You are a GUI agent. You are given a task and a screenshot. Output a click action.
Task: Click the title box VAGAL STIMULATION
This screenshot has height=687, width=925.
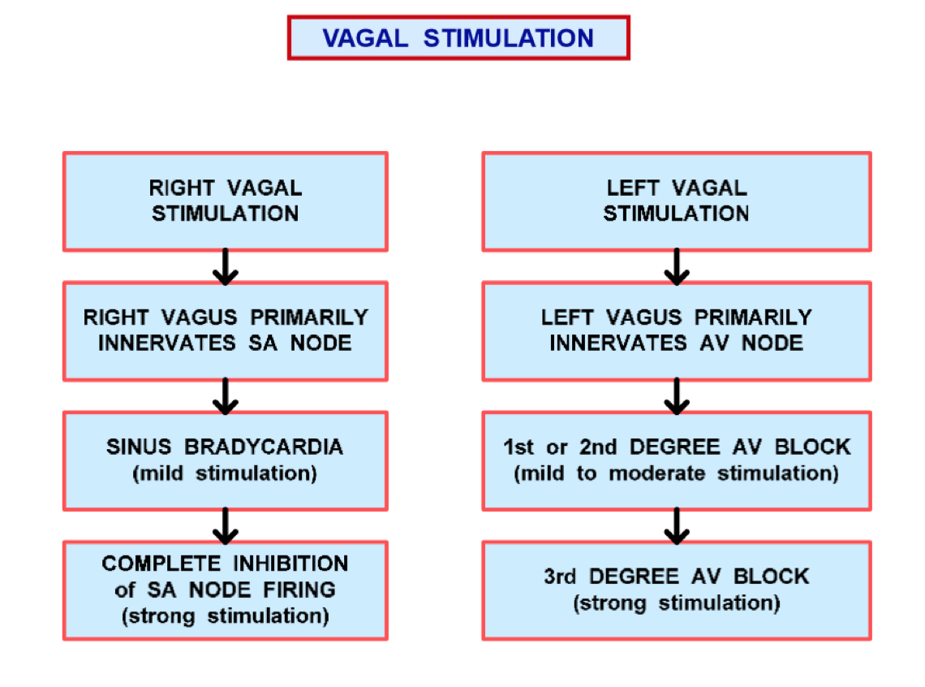click(458, 37)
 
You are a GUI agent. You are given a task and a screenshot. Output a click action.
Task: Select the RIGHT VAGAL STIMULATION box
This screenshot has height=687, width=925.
click(225, 201)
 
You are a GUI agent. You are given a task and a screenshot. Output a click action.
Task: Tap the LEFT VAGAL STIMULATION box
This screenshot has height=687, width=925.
click(676, 201)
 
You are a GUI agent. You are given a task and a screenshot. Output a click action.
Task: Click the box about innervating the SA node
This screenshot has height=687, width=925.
click(225, 331)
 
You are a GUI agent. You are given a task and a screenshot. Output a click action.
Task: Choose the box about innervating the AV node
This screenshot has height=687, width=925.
click(676, 331)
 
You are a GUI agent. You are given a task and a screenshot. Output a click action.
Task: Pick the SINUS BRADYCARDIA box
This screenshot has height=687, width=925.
click(225, 460)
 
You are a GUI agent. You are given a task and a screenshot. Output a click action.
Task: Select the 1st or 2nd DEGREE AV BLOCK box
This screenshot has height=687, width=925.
click(676, 460)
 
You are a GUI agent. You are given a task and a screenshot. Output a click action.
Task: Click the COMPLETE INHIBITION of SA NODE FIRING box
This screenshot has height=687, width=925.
click(225, 590)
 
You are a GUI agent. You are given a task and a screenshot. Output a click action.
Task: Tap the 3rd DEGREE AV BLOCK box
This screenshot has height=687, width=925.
click(676, 590)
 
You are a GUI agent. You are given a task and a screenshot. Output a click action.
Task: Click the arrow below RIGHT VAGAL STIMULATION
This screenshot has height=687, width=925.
click(226, 267)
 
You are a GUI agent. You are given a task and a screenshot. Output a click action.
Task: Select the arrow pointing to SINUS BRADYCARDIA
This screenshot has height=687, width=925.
click(226, 396)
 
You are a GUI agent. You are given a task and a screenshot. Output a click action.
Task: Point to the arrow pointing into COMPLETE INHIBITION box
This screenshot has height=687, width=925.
click(226, 526)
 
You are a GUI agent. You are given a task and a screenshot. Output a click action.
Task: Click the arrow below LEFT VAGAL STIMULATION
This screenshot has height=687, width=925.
click(676, 267)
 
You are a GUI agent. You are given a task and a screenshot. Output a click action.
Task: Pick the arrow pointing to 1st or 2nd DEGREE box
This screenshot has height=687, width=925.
click(676, 396)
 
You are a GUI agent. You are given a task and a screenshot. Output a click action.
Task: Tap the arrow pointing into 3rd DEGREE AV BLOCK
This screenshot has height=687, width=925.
click(676, 526)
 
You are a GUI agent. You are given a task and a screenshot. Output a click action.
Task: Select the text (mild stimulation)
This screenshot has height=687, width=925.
click(225, 473)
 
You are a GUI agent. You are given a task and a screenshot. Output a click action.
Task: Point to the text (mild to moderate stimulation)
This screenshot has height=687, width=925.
click(676, 473)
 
